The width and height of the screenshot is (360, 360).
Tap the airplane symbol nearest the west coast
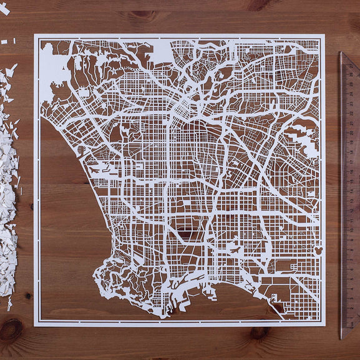(95, 168)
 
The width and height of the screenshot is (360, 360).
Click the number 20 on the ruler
(350, 133)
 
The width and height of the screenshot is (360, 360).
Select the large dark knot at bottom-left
(11, 329)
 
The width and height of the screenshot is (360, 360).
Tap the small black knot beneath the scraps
(27, 296)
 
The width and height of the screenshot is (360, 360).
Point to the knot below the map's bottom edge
(259, 333)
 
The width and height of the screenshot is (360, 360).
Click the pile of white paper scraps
(9, 187)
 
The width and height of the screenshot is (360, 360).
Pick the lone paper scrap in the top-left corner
(4, 9)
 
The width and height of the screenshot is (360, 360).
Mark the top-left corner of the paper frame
(35, 35)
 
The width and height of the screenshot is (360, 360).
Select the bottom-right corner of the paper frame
(324, 324)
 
